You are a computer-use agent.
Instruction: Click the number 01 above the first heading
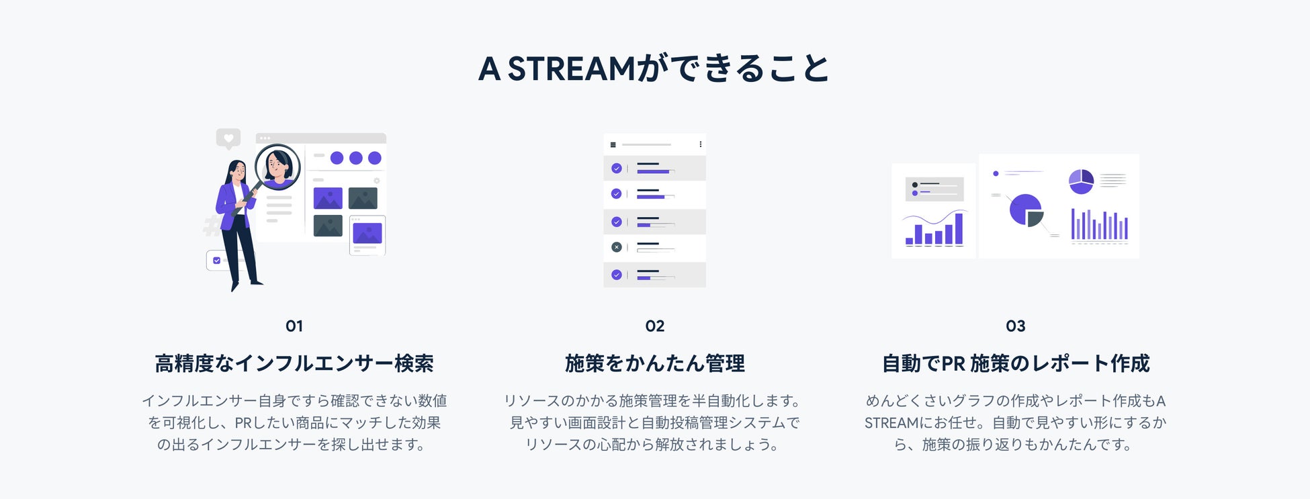294,326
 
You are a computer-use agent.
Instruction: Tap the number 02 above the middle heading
655,326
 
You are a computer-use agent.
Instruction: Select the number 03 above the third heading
1015,326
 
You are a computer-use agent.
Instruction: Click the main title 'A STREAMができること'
654,69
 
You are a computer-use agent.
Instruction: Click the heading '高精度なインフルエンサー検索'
294,363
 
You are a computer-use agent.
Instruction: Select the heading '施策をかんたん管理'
655,363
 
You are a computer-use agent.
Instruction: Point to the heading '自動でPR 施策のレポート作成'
1016,363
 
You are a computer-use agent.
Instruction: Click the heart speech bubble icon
228,138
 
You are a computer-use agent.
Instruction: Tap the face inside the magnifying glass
277,165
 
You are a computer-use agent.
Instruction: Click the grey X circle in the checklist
617,247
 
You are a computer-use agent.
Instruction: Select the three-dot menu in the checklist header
700,144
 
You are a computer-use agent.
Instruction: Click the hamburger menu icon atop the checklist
613,144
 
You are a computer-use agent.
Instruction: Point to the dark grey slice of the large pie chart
1035,218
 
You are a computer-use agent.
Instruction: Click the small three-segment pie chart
1081,181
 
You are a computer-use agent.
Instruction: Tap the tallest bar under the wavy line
959,228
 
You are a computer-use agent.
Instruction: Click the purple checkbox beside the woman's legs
216,261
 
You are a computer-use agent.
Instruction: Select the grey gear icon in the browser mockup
377,181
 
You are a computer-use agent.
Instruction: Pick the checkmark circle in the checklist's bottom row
617,275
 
